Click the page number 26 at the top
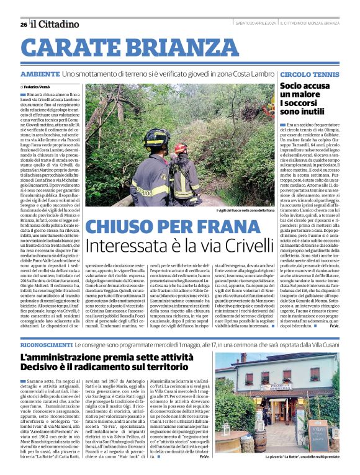point(23,24)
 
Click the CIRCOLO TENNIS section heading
point(309,74)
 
